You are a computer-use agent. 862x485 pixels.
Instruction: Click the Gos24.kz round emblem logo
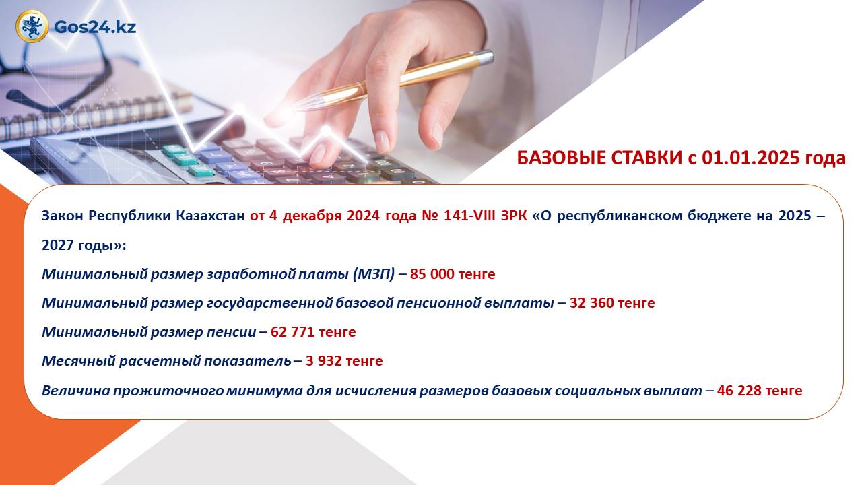[x=32, y=26]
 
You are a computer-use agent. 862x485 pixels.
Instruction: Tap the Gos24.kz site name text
[x=95, y=27]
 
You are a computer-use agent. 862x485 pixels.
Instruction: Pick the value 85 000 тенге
[x=453, y=274]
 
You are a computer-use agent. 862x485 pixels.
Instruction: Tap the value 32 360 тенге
[x=612, y=303]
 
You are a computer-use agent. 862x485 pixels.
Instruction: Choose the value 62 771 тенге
[x=313, y=332]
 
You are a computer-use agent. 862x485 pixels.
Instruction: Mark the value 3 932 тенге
[x=344, y=361]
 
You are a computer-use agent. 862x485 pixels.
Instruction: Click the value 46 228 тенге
[x=760, y=391]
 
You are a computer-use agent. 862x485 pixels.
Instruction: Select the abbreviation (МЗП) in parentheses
[x=374, y=274]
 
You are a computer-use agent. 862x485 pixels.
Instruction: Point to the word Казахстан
[x=211, y=216]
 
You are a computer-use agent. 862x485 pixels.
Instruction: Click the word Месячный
[x=79, y=362]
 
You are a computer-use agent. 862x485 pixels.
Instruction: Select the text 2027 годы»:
[x=84, y=245]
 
